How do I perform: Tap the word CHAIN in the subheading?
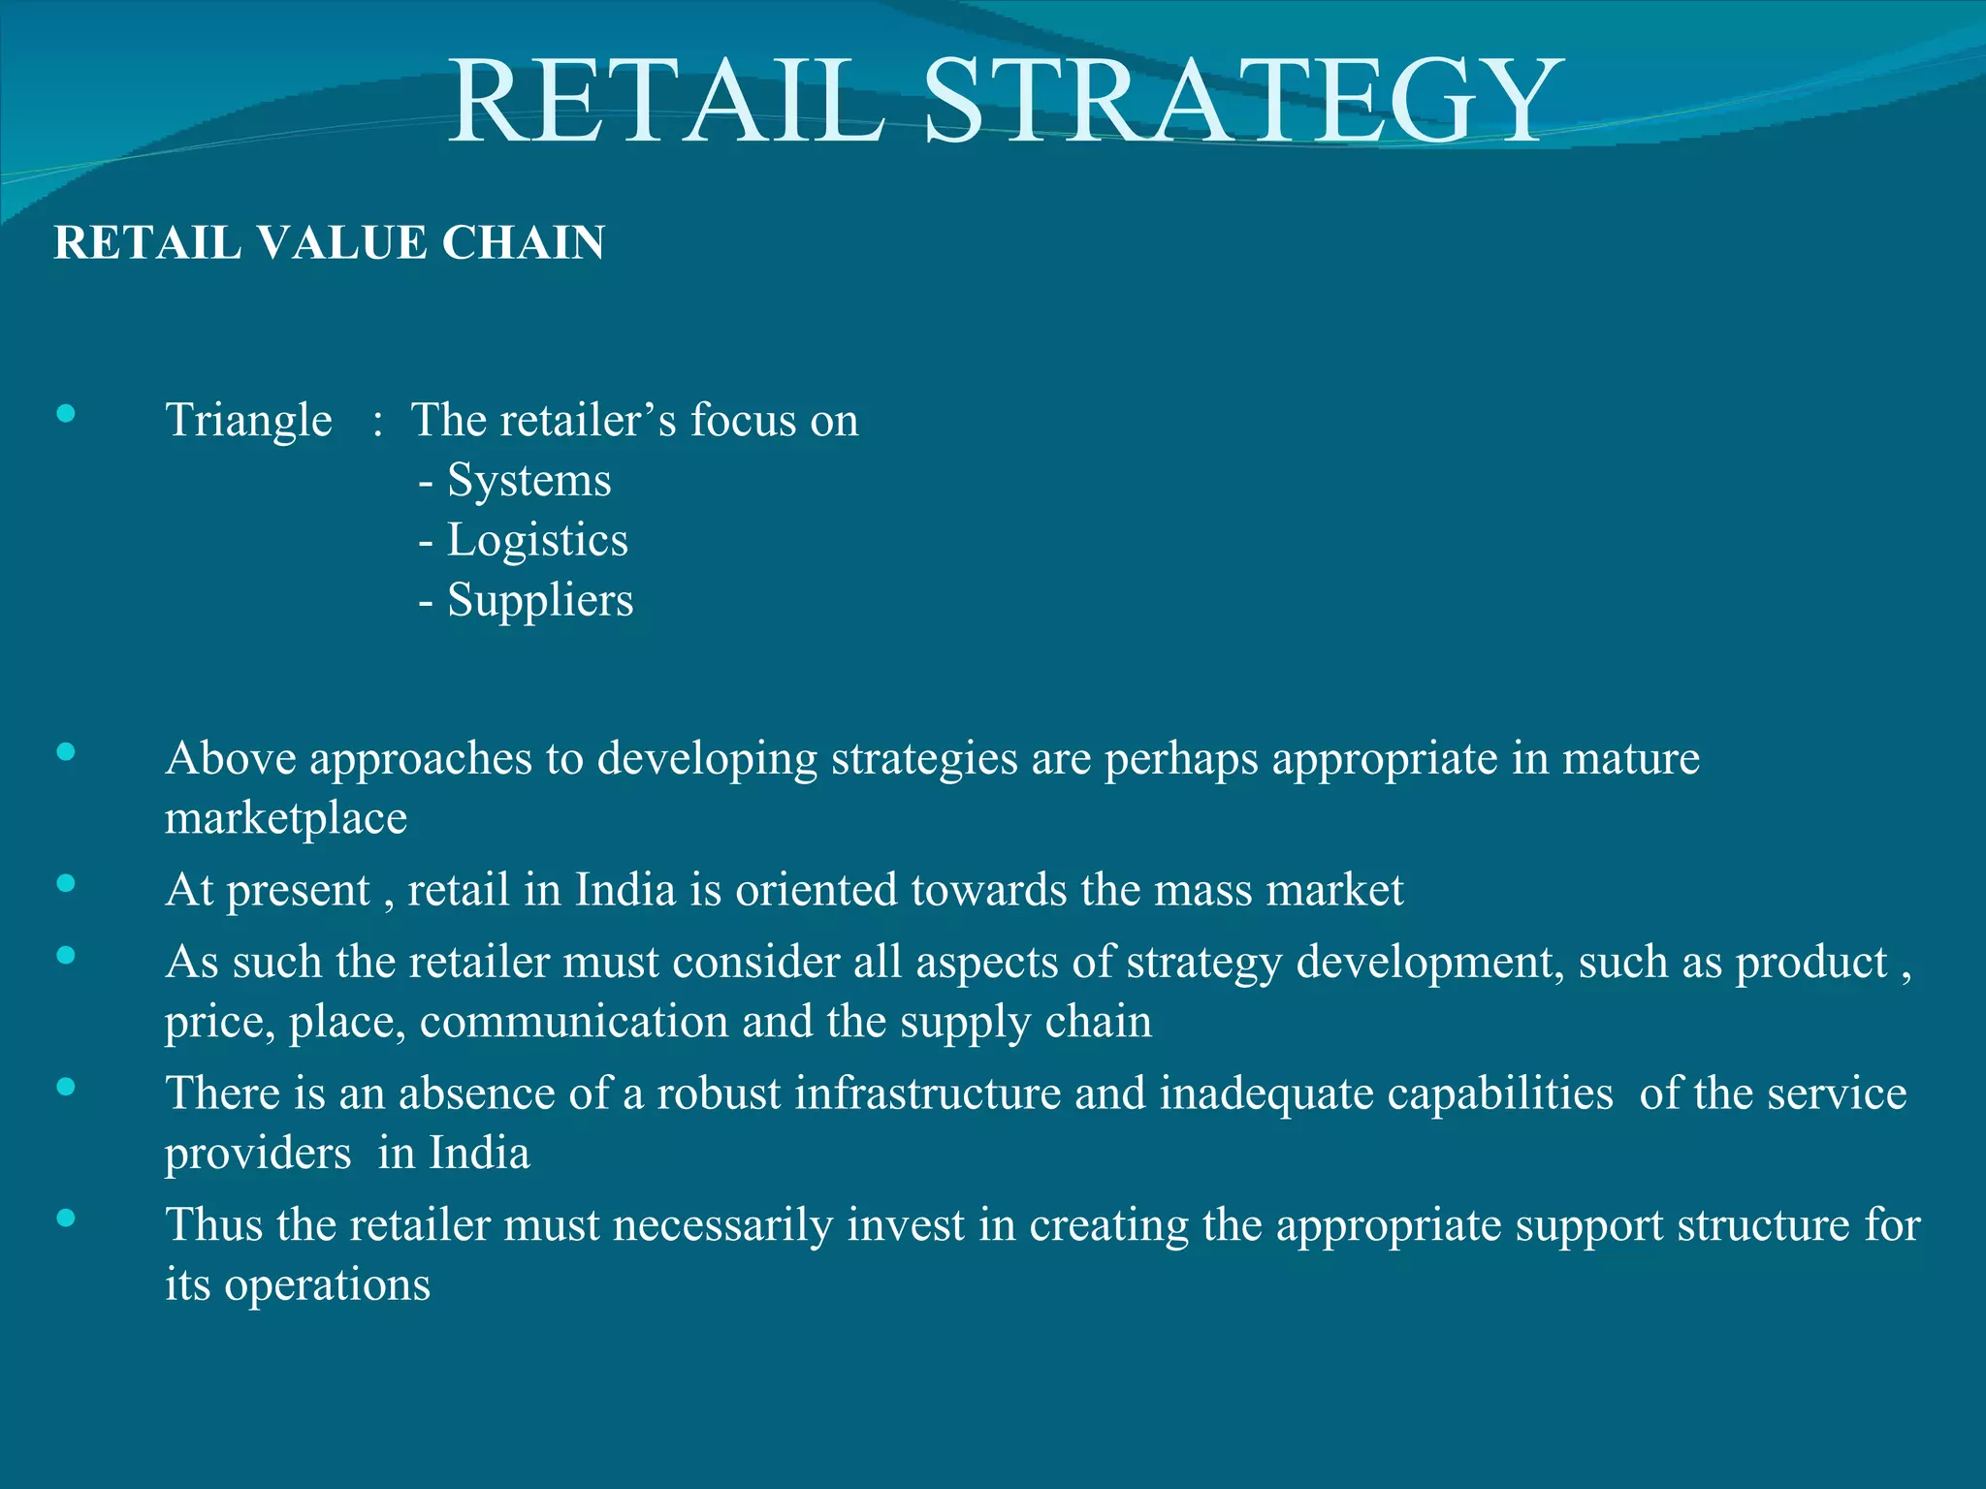[523, 242]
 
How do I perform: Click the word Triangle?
[248, 421]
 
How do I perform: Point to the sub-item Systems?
[529, 481]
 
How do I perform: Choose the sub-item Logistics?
[536, 541]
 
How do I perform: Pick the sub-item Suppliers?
[539, 601]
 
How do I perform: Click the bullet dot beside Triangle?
[66, 415]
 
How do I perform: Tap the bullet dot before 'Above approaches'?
[66, 752]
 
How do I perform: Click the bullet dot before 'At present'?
[66, 883]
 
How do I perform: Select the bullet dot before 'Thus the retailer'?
[66, 1219]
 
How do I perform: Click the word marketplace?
[286, 819]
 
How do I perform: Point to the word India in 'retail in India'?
[625, 890]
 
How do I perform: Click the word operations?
[328, 1286]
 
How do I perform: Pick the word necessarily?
[722, 1225]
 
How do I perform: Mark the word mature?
[1631, 759]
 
